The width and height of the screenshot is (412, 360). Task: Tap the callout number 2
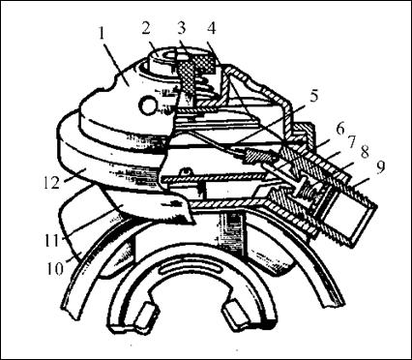click(145, 28)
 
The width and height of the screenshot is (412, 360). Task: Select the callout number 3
click(182, 28)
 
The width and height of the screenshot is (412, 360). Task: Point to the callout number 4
click(211, 28)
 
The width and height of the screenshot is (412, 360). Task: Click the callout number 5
click(313, 96)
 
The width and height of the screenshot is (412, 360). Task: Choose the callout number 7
click(352, 140)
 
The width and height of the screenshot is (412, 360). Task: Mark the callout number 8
click(365, 152)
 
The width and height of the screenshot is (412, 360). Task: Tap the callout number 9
click(380, 167)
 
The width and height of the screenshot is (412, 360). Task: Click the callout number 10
click(55, 269)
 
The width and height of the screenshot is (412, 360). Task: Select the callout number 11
click(52, 241)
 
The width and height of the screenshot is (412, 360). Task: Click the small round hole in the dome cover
click(148, 105)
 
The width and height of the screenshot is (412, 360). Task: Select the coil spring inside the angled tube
click(308, 193)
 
